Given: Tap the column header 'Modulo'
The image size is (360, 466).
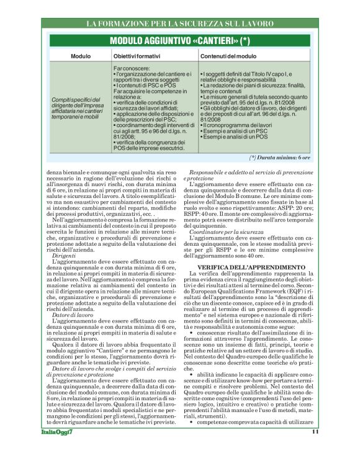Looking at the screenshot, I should point(81,56).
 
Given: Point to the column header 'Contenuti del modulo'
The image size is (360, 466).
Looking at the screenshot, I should point(230,56).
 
